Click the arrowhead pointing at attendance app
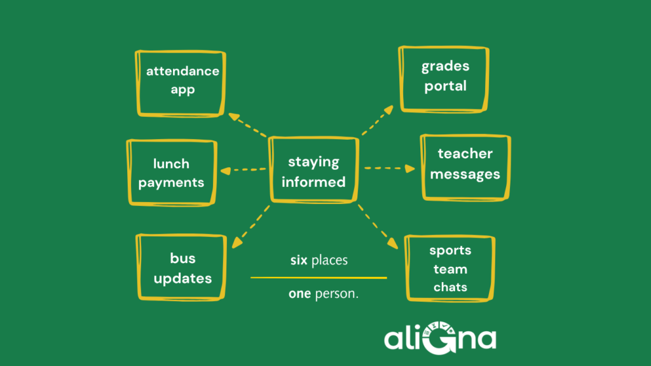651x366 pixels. point(234,117)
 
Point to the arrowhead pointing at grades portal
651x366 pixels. point(388,109)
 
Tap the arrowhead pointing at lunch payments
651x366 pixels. point(226,170)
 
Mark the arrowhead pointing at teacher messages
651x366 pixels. point(410,168)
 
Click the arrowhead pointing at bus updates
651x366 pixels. point(236,243)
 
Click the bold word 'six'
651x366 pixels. point(299,260)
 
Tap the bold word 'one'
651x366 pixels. point(300,294)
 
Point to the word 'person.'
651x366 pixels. point(337,294)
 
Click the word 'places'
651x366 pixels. point(330,260)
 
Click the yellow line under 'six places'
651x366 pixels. point(319,278)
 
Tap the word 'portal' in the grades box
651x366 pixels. point(446,86)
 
